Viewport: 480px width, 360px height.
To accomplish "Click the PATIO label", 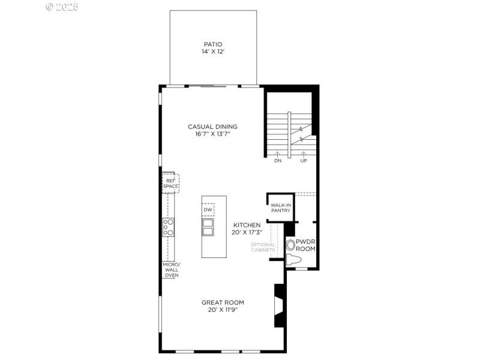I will coord(212,44).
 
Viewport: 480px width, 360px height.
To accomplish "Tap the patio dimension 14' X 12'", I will coord(212,52).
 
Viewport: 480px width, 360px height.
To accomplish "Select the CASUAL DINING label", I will coord(212,127).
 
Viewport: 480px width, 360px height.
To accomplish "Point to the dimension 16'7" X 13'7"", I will coord(212,134).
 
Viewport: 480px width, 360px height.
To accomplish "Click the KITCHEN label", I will coord(247,225).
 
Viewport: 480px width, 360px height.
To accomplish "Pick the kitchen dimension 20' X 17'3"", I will coord(247,232).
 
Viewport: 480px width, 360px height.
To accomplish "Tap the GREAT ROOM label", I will coord(223,302).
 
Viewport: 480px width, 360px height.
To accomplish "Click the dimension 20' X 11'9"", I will coord(223,310).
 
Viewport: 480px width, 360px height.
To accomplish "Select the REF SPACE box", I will coord(170,183).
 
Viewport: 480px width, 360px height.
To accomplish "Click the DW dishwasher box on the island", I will coord(208,209).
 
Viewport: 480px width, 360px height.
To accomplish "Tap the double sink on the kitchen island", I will coord(208,227).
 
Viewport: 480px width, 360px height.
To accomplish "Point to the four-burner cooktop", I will coord(169,227).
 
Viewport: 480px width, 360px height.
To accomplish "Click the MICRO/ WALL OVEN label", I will coord(170,270).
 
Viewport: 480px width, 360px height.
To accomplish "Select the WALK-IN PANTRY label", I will coord(280,208).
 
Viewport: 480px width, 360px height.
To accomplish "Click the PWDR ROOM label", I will coord(305,245).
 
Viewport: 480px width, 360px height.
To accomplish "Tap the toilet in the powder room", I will coord(293,260).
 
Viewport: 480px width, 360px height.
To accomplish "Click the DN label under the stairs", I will coord(278,161).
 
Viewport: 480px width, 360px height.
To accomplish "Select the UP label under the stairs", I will coord(303,161).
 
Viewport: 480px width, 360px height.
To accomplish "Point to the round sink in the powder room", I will coord(292,245).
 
